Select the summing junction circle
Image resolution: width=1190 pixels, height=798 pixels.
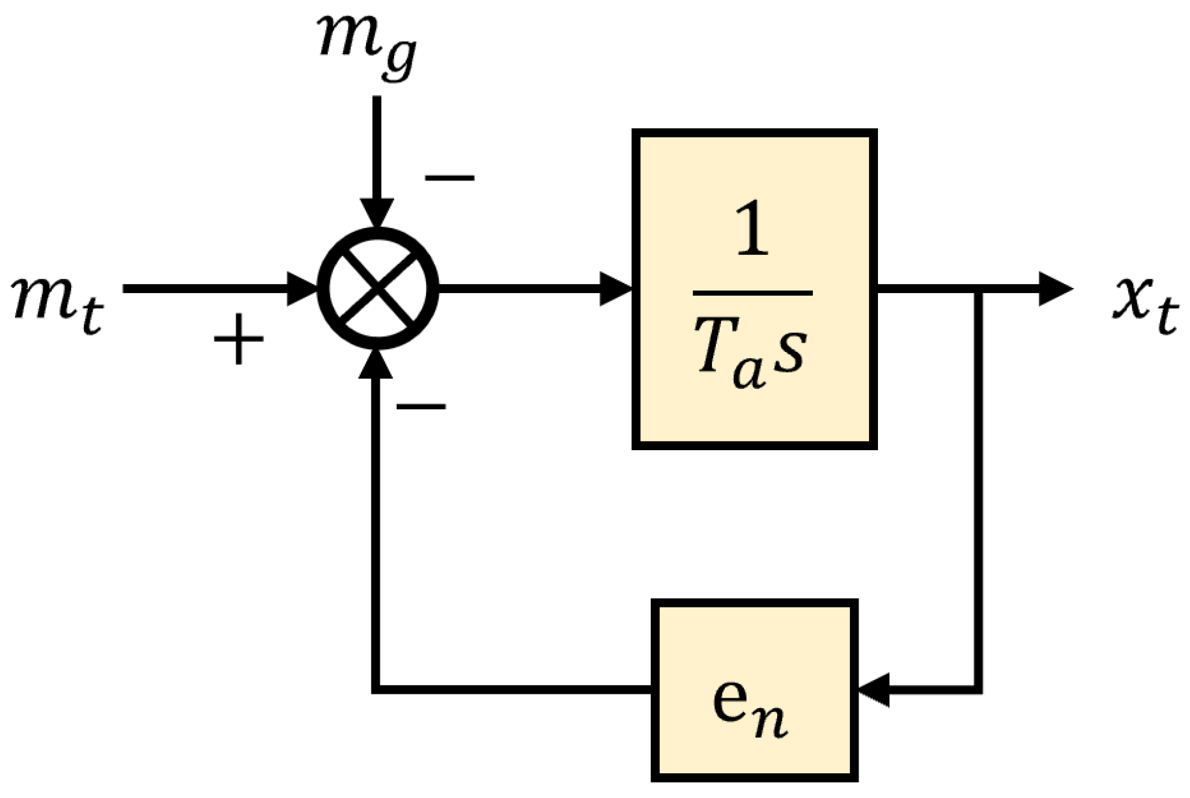pyautogui.click(x=378, y=288)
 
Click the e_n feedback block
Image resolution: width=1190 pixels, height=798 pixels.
pyautogui.click(x=754, y=690)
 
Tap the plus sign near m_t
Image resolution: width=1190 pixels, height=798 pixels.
pyautogui.click(x=239, y=339)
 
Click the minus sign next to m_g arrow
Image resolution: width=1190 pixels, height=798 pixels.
pyautogui.click(x=449, y=177)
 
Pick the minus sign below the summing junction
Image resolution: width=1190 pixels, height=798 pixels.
pyautogui.click(x=421, y=407)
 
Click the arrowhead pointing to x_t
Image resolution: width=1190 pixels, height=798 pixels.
pyautogui.click(x=1055, y=288)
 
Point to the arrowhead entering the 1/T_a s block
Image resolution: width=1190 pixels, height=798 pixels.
pyautogui.click(x=616, y=288)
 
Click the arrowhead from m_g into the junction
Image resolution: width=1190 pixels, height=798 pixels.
pyautogui.click(x=378, y=214)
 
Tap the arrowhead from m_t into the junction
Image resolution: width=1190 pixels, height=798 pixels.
pyautogui.click(x=302, y=288)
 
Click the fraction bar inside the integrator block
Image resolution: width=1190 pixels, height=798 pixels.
pyautogui.click(x=752, y=293)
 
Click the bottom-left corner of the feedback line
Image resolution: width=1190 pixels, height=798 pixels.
pyautogui.click(x=376, y=689)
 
